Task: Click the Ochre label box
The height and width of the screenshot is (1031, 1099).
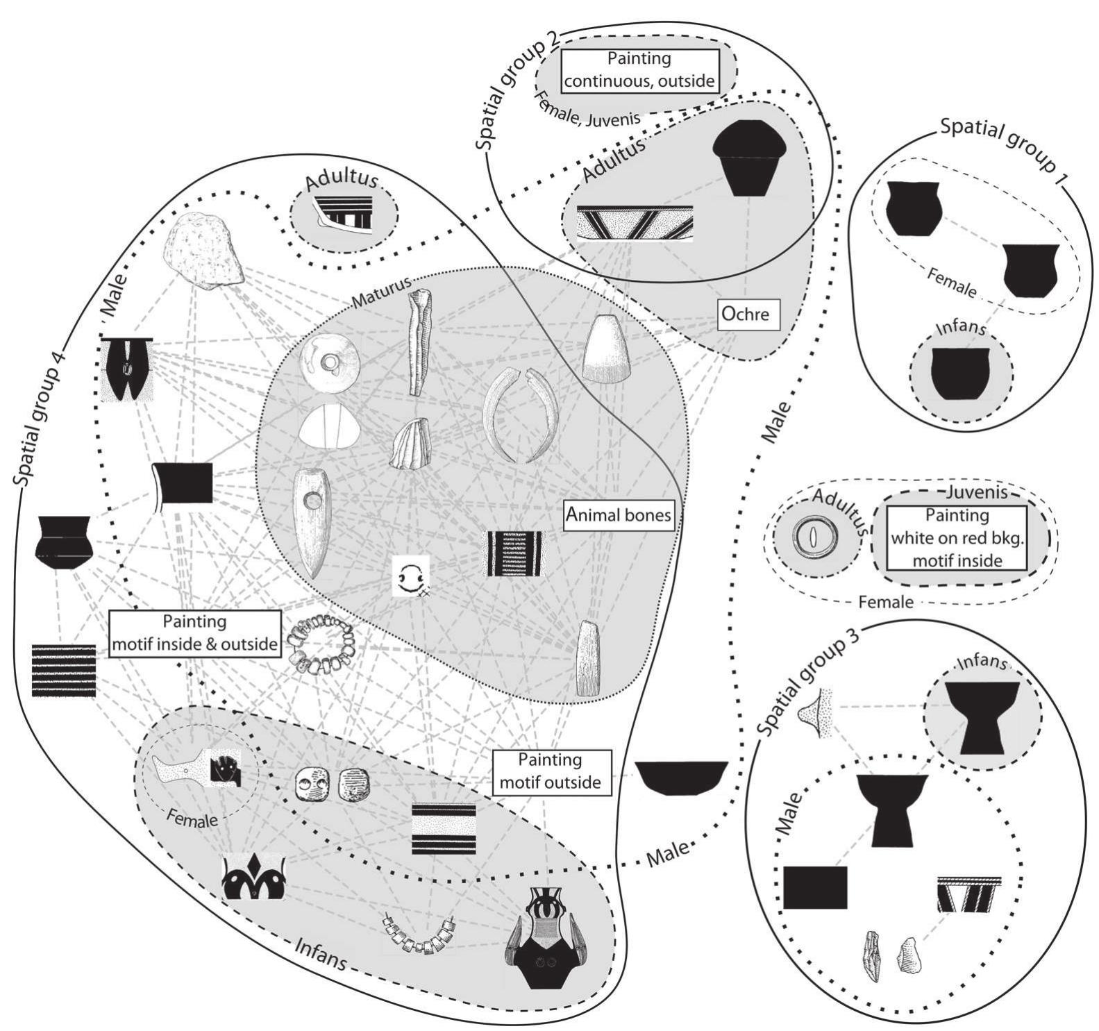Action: pyautogui.click(x=748, y=315)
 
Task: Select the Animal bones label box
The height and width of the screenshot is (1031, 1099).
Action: pyautogui.click(x=619, y=515)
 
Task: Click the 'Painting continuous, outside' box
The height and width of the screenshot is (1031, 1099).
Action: pyautogui.click(x=639, y=70)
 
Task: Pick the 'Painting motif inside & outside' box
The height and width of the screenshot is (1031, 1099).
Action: pyautogui.click(x=194, y=632)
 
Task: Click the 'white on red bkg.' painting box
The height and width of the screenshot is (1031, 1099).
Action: pyautogui.click(x=957, y=537)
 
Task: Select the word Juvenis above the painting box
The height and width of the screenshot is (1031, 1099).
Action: pyautogui.click(x=966, y=494)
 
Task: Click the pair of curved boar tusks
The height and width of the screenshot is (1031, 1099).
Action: pyautogui.click(x=521, y=414)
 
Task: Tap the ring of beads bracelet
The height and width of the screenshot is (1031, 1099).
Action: pyautogui.click(x=319, y=644)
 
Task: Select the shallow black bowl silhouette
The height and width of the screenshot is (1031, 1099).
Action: pyautogui.click(x=681, y=777)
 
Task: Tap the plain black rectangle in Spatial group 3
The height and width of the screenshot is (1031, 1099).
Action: pyautogui.click(x=815, y=887)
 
